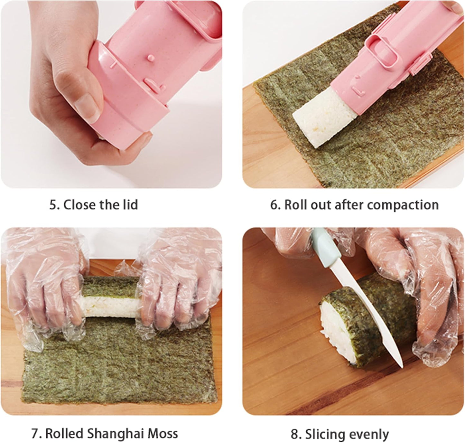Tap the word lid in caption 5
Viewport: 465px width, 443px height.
pos(130,205)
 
